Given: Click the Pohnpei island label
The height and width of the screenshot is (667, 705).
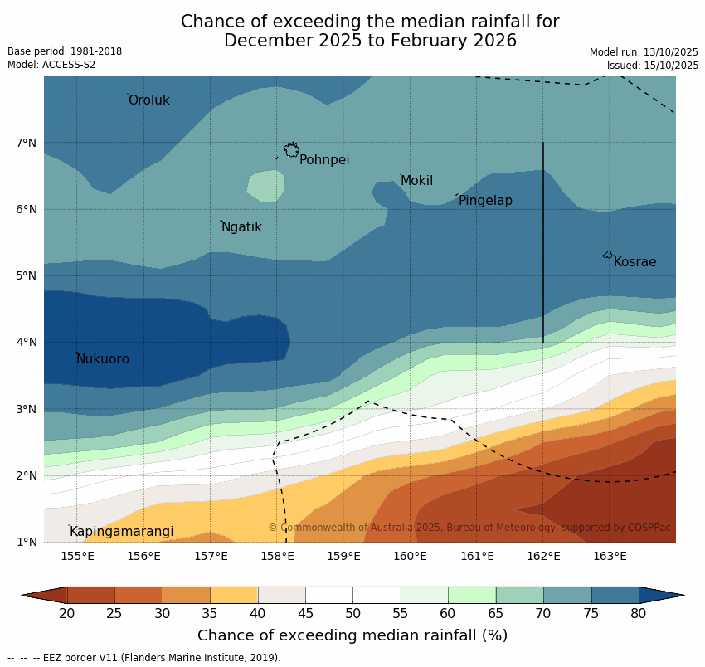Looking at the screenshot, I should coord(324,160).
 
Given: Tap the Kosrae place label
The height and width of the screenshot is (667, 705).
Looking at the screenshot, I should coord(634,262).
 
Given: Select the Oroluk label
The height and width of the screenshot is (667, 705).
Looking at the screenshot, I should coord(149,100).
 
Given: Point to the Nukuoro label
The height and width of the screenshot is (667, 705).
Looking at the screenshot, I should coord(103,359).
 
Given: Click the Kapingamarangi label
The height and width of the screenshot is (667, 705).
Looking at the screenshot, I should coord(122,532).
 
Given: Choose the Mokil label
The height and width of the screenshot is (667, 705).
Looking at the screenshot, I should coord(416,181).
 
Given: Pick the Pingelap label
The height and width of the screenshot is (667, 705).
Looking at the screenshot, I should coord(485,201).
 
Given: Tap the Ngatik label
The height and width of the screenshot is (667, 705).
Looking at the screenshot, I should coord(241,227).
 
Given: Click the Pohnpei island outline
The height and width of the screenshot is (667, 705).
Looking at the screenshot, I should coord(291,150).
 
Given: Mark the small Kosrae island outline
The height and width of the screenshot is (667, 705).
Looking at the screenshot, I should coord(608,255).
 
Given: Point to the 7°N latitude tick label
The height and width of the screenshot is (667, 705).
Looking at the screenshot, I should coord(26,143).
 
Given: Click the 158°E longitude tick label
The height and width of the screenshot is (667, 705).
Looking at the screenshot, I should coord(277,556).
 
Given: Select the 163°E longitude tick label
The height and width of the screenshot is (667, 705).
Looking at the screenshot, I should coord(610,556).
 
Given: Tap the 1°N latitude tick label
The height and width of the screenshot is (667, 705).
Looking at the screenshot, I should coord(26,542).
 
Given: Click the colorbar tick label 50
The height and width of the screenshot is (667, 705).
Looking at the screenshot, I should coord(353,613).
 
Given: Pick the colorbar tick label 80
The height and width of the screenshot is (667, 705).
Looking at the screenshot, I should coord(639,613).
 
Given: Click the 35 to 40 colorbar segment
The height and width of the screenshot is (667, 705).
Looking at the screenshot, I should coord(234,595).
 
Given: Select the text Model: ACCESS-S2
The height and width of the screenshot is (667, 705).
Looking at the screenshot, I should coord(51,65).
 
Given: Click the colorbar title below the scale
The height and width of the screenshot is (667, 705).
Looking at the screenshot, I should coord(352,635).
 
